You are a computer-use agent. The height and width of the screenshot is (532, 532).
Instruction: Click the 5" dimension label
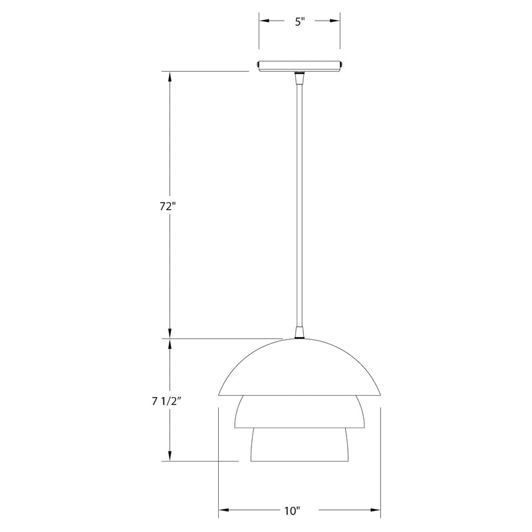pos(300,22)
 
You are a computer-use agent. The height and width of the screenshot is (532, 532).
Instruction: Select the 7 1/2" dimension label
pos(167,402)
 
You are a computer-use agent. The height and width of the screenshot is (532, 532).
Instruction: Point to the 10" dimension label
pos(293,511)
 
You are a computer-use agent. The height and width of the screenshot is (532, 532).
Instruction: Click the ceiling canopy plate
pos(300,66)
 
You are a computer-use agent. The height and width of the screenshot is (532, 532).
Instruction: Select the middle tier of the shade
pos(300,412)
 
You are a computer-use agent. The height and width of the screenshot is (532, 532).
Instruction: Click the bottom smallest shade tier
pos(300,444)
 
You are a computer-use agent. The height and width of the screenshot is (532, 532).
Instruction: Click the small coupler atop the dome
pos(299,333)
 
